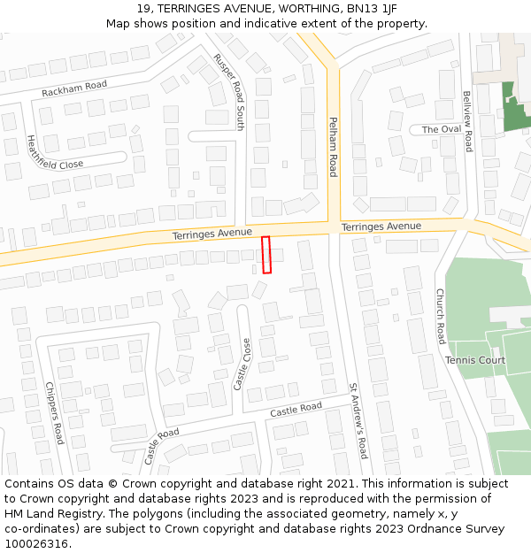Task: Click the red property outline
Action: [x=266, y=255]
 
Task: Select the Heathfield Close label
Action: [x=54, y=152]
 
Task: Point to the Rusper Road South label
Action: [x=228, y=91]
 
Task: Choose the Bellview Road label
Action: [x=468, y=121]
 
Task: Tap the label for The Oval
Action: [x=442, y=129]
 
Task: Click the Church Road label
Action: [x=440, y=316]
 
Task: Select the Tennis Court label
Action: [x=475, y=360]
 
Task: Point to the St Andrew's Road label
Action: [x=357, y=420]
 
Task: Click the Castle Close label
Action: [x=242, y=365]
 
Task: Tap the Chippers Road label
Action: [x=54, y=413]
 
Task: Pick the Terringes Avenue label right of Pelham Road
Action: [x=381, y=226]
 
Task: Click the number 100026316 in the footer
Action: [x=37, y=544]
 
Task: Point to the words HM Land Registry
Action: [x=48, y=514]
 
